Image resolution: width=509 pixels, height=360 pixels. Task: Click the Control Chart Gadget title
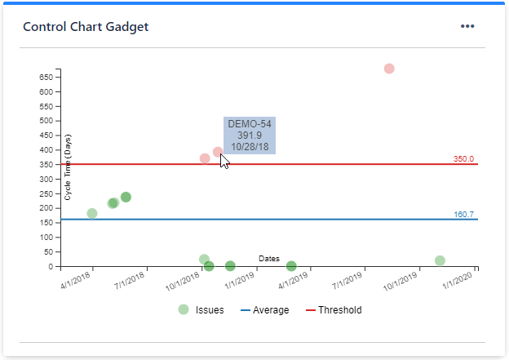[86, 27]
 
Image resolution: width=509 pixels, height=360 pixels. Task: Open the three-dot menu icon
[467, 26]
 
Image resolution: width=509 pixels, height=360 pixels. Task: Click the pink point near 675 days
[389, 69]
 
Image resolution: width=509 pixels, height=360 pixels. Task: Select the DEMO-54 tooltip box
[250, 135]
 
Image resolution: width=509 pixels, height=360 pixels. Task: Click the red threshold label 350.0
[464, 159]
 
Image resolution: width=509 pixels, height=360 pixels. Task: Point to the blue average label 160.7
[464, 215]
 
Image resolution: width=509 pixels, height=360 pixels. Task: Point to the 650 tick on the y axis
[46, 77]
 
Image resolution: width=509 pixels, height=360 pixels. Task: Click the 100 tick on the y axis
[46, 238]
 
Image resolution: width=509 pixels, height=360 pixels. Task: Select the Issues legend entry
[196, 310]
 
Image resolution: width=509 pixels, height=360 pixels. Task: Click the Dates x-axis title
[269, 259]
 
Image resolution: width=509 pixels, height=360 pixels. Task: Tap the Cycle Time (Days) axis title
[69, 167]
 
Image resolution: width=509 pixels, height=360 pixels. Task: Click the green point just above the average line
[92, 213]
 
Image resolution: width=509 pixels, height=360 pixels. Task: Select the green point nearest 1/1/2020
[440, 260]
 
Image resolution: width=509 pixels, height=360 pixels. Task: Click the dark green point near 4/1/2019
[291, 265]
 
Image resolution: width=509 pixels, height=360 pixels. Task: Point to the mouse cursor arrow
[224, 160]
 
